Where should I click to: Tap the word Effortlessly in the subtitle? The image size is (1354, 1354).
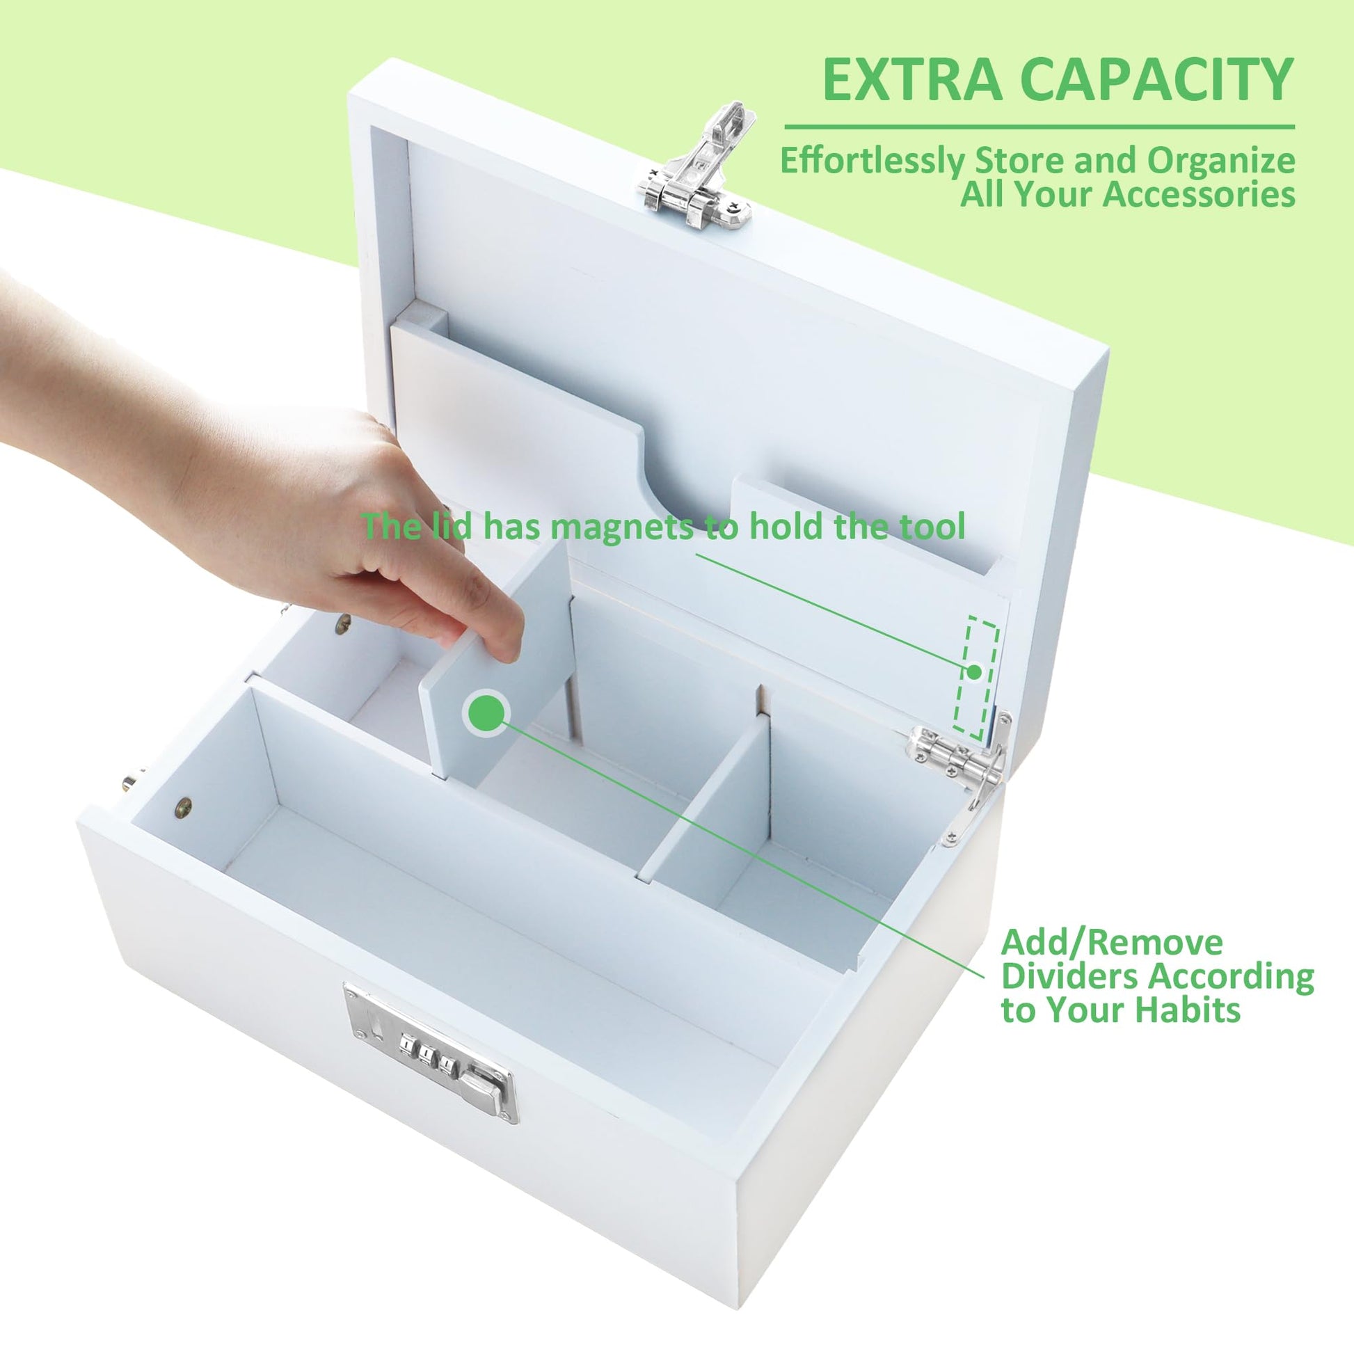(x=873, y=162)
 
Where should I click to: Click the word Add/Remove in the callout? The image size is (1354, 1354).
(x=1111, y=943)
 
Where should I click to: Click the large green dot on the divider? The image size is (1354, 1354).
(x=486, y=712)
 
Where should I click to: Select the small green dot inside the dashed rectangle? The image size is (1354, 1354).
(x=974, y=671)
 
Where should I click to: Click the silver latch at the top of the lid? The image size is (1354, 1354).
(x=695, y=164)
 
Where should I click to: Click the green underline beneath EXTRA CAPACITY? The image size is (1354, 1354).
(x=1040, y=127)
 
